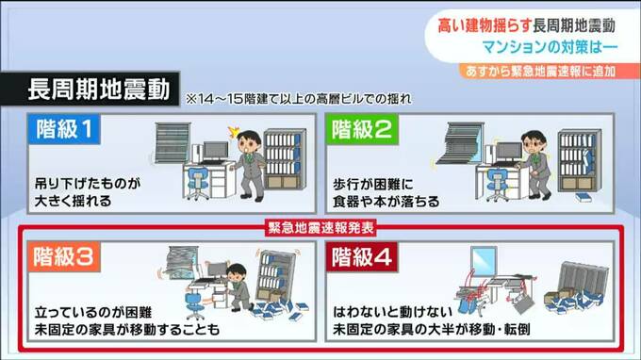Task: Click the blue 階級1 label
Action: [64, 129]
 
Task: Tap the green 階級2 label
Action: [362, 129]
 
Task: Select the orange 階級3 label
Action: [64, 257]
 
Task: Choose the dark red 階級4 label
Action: [362, 257]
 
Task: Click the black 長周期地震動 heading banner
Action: [90, 90]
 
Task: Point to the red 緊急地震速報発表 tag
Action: [320, 228]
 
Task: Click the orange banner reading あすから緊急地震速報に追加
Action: [549, 71]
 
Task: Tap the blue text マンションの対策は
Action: [542, 47]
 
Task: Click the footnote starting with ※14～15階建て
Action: [299, 99]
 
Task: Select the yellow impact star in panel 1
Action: [234, 131]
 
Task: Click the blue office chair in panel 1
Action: [198, 183]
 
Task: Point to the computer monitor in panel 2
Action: [507, 152]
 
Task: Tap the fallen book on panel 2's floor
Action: [583, 198]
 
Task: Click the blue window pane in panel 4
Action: [484, 262]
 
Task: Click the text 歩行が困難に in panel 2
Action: [373, 185]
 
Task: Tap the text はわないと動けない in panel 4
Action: [392, 312]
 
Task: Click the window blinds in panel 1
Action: [173, 142]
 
